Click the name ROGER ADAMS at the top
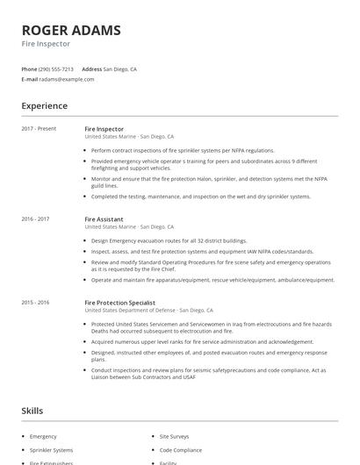[x=71, y=31]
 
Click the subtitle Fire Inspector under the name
[x=46, y=44]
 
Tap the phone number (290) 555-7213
[x=56, y=68]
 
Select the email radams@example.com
[x=67, y=79]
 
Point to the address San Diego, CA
[x=120, y=68]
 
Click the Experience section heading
[x=44, y=106]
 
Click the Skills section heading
[x=33, y=411]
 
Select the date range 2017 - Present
[x=39, y=129]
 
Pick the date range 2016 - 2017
[x=35, y=218]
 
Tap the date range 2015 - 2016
[x=35, y=302]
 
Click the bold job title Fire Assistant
[x=104, y=218]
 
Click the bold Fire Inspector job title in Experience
[x=104, y=129]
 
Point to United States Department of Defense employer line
[x=148, y=310]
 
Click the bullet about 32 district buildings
[x=169, y=240]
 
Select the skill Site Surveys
[x=174, y=436]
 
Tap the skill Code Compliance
[x=180, y=449]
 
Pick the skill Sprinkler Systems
[x=51, y=449]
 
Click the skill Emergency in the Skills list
[x=43, y=436]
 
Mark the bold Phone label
[x=29, y=68]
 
